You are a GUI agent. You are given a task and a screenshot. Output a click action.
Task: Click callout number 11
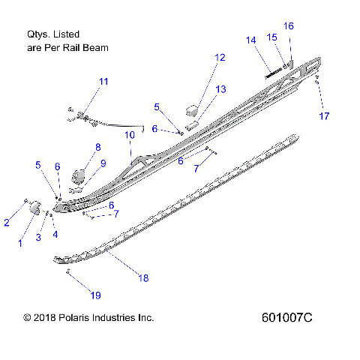[x=103, y=81]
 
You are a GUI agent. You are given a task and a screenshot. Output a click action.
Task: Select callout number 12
[x=219, y=57]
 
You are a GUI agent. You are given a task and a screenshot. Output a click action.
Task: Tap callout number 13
[x=220, y=89]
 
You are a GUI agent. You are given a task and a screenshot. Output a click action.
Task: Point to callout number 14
[x=250, y=40]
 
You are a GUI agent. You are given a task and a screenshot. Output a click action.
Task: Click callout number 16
[x=289, y=25]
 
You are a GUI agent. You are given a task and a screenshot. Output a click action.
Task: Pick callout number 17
[x=324, y=116]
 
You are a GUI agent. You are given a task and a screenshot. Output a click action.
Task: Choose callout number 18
[x=143, y=277]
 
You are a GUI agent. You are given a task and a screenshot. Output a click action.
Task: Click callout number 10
[x=129, y=135]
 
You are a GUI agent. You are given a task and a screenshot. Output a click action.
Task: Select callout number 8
[x=97, y=147]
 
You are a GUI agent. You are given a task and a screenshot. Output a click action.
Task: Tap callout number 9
[x=103, y=163]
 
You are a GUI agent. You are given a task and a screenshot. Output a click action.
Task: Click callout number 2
[x=7, y=222]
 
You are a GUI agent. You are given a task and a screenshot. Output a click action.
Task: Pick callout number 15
[x=272, y=37]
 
